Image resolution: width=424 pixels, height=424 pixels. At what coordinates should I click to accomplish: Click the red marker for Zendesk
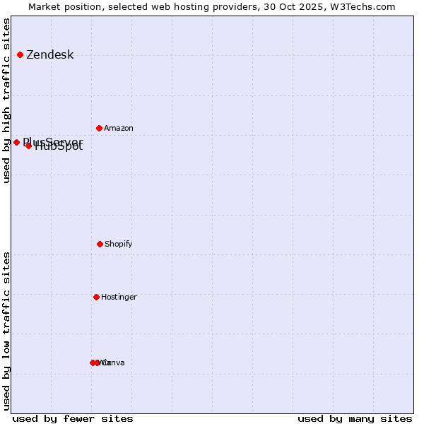20,54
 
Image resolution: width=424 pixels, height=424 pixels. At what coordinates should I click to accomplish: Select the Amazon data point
99,128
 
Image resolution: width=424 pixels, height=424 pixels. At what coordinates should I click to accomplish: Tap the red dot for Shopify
100,244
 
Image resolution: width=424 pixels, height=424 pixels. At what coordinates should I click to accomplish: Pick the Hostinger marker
96,297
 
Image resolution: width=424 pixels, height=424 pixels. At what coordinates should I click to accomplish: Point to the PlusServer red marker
16,142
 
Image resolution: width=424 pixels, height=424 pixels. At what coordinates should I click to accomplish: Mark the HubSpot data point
28,146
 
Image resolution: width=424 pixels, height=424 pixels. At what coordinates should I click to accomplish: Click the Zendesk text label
49,55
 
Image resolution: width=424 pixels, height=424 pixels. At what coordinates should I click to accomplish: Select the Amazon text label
118,129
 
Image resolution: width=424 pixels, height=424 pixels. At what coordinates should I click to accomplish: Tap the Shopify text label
118,245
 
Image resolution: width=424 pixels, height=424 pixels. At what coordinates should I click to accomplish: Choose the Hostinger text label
119,298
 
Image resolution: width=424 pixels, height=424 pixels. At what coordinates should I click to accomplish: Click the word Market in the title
44,6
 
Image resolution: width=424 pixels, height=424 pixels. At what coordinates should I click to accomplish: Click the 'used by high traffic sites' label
6,100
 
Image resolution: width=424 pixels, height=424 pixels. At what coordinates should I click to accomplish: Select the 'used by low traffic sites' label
6,331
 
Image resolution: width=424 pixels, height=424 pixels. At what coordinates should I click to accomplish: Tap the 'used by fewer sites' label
73,418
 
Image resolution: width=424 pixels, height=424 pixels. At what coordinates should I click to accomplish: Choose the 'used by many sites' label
355,418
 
